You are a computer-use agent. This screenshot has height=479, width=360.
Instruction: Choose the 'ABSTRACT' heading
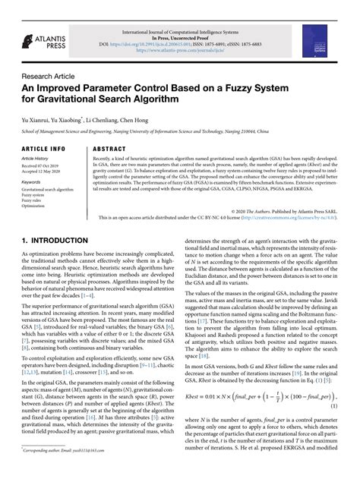110,149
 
